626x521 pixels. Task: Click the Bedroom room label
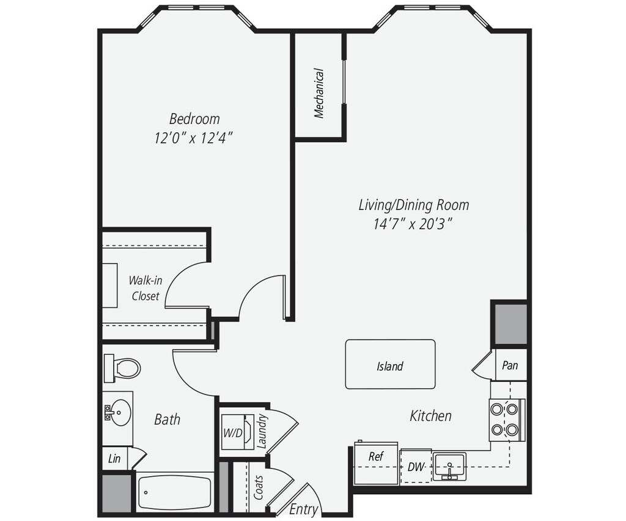194,118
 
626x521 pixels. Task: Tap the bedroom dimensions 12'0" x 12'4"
194,138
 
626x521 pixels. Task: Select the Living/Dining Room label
413,205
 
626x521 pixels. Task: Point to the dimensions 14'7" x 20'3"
413,224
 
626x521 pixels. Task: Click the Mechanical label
319,93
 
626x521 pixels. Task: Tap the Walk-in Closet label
144,288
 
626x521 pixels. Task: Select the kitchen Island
390,365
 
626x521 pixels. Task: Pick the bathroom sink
117,412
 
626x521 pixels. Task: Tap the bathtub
175,492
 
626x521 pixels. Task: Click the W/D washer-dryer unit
237,431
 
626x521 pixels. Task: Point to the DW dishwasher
416,467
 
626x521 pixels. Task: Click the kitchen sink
449,467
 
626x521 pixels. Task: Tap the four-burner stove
505,420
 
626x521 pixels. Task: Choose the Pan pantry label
510,365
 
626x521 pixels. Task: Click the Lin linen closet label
114,459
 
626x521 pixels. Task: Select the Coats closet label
259,487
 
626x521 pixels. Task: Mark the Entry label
303,509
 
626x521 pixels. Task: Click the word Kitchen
430,416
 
